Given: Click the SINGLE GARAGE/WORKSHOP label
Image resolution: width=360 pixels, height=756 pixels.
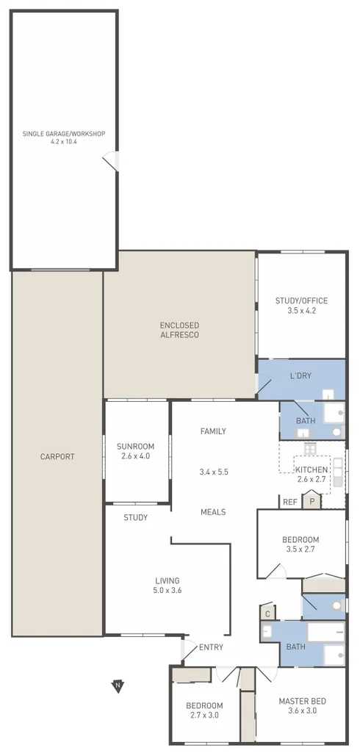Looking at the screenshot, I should pos(64,134).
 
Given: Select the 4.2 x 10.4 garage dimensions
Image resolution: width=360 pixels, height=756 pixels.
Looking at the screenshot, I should pos(64,142).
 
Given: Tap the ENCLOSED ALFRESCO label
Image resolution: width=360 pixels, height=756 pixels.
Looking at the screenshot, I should pos(179,330).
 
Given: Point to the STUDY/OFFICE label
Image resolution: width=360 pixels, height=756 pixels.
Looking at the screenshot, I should pos(301,300).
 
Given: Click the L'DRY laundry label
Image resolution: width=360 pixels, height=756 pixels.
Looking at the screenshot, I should pos(300,375).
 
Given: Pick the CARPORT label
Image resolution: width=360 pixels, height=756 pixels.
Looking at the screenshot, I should pos(57,456).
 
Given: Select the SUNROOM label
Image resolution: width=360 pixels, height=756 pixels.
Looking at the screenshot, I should pos(136,447).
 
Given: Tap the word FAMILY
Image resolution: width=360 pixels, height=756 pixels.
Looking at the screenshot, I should pos(213,431).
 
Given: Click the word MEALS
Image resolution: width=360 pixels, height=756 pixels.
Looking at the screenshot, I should pos(213,512).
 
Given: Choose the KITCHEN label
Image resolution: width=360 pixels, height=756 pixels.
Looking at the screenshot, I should pos(311,469).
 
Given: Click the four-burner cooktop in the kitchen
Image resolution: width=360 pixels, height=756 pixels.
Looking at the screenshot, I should pos(310,447).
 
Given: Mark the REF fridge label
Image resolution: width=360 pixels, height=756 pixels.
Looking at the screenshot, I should pos(290,503).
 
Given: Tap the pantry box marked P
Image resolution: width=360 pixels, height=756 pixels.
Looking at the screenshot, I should pos(312,503).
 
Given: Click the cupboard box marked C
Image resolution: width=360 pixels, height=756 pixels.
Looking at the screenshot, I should pos(268,613).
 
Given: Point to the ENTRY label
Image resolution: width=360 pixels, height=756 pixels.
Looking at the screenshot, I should pos(211,647).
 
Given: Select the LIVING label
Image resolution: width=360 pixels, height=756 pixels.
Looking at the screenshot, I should pos(168,580).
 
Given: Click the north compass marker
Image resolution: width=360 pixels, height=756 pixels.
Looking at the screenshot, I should pos(117,686).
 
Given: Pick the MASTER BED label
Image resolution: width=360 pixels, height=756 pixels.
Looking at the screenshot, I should pos(301,701).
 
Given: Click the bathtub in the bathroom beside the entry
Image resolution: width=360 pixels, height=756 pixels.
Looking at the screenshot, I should pos(325,633).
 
